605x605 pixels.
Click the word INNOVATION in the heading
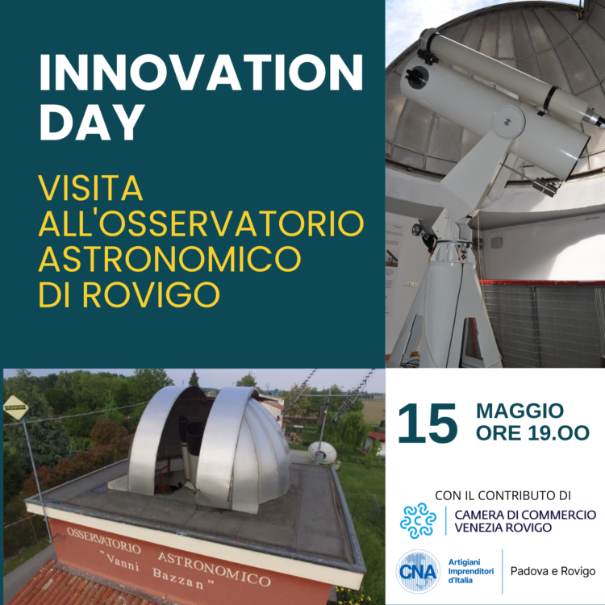click(201, 73)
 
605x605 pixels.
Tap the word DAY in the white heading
click(92, 122)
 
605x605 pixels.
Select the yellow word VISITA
click(90, 188)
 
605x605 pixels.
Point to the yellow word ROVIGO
click(151, 294)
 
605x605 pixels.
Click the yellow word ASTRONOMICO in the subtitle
click(169, 259)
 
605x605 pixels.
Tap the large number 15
click(428, 423)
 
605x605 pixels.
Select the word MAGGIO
click(519, 411)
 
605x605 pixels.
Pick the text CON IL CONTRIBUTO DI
click(503, 495)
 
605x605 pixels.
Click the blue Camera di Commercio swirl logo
click(418, 520)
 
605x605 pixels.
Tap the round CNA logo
click(418, 571)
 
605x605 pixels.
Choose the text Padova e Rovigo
click(553, 571)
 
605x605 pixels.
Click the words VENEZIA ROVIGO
click(503, 528)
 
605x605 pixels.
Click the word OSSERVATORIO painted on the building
click(103, 540)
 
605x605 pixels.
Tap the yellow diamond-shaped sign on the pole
click(16, 407)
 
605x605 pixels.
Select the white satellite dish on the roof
click(322, 452)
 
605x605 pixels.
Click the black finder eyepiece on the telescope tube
click(416, 76)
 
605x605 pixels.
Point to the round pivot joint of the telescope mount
click(508, 121)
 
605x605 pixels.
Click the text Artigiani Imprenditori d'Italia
click(471, 571)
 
